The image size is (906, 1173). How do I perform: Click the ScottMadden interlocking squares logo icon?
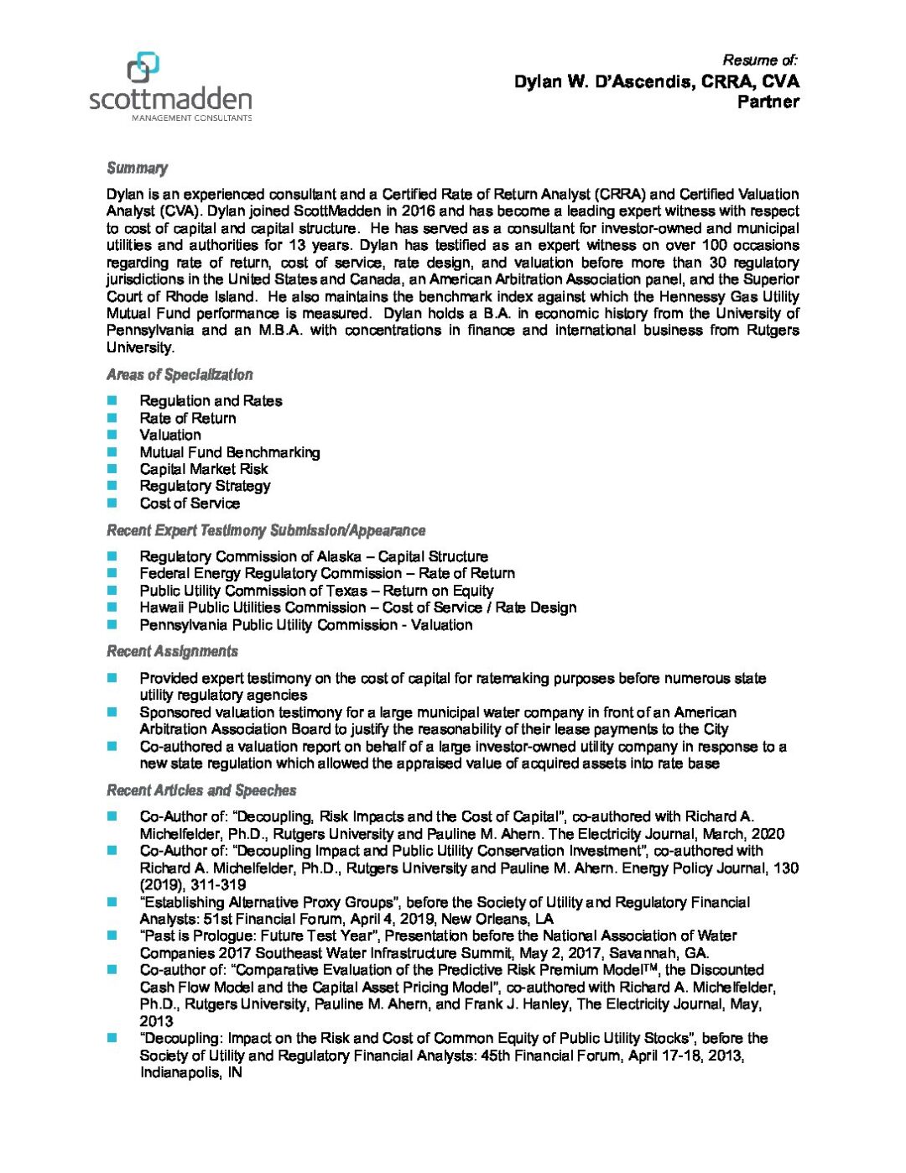coord(143,68)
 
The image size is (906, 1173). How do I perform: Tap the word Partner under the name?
coord(768,102)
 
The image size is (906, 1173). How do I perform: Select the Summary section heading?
coord(137,168)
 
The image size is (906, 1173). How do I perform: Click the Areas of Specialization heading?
coord(180,374)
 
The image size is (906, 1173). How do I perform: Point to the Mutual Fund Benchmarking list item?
coord(230,452)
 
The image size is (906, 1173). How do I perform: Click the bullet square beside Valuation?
coord(112,435)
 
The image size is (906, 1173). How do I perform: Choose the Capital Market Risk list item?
coord(204,469)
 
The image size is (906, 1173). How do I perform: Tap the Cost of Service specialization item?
coord(190,503)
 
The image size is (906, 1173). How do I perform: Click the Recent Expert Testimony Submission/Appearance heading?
coord(266,530)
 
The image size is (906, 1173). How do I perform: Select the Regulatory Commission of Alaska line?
coord(314,556)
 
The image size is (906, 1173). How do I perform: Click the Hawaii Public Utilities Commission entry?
coord(358,607)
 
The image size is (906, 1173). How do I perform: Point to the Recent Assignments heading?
coord(172,651)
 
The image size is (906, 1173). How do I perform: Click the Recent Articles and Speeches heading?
coord(201,790)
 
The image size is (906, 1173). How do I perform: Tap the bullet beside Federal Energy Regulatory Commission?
coord(112,573)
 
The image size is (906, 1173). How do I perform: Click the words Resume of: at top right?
coord(759,60)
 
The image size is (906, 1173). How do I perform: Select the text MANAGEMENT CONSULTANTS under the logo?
coord(191,118)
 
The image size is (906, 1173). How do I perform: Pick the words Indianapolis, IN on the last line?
coord(190,1072)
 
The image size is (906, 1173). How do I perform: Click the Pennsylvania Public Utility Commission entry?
coord(306,625)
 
